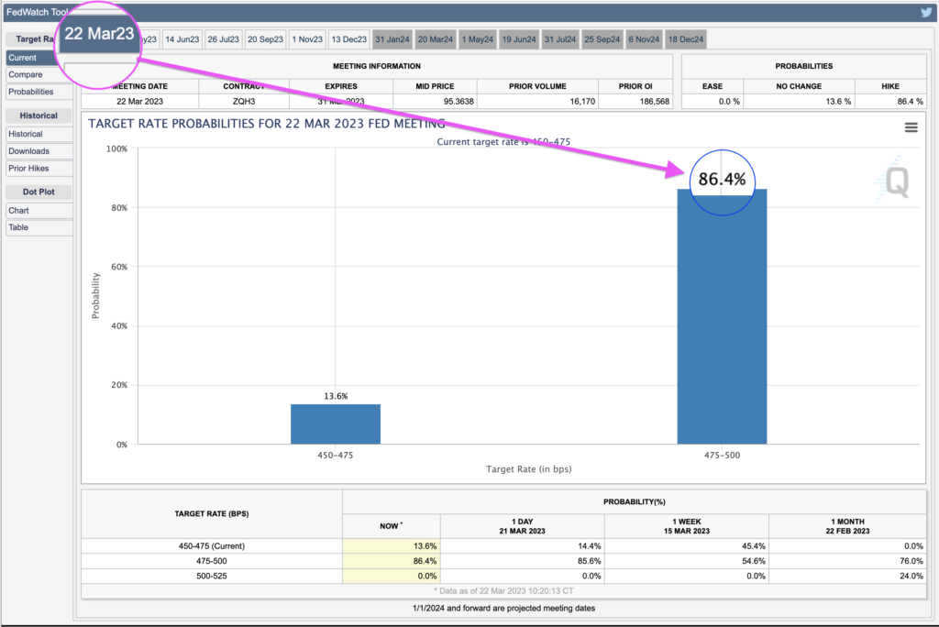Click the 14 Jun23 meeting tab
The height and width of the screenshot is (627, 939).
(182, 39)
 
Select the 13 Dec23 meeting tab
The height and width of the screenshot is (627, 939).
(348, 39)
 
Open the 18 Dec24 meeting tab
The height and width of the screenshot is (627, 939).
(686, 39)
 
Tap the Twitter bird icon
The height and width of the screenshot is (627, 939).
(926, 12)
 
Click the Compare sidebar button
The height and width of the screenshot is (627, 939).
(26, 74)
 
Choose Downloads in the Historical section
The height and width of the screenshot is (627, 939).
(28, 151)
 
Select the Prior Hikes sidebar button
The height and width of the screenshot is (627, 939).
(28, 169)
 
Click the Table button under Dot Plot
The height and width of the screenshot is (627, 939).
(18, 227)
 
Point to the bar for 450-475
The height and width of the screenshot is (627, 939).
(336, 423)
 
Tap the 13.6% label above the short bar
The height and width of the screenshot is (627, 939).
(336, 396)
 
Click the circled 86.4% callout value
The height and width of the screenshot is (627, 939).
(723, 180)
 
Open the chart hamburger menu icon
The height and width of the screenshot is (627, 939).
(911, 127)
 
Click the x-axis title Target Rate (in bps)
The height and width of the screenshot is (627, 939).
(528, 469)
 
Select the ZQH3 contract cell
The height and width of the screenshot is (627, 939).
(243, 101)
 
